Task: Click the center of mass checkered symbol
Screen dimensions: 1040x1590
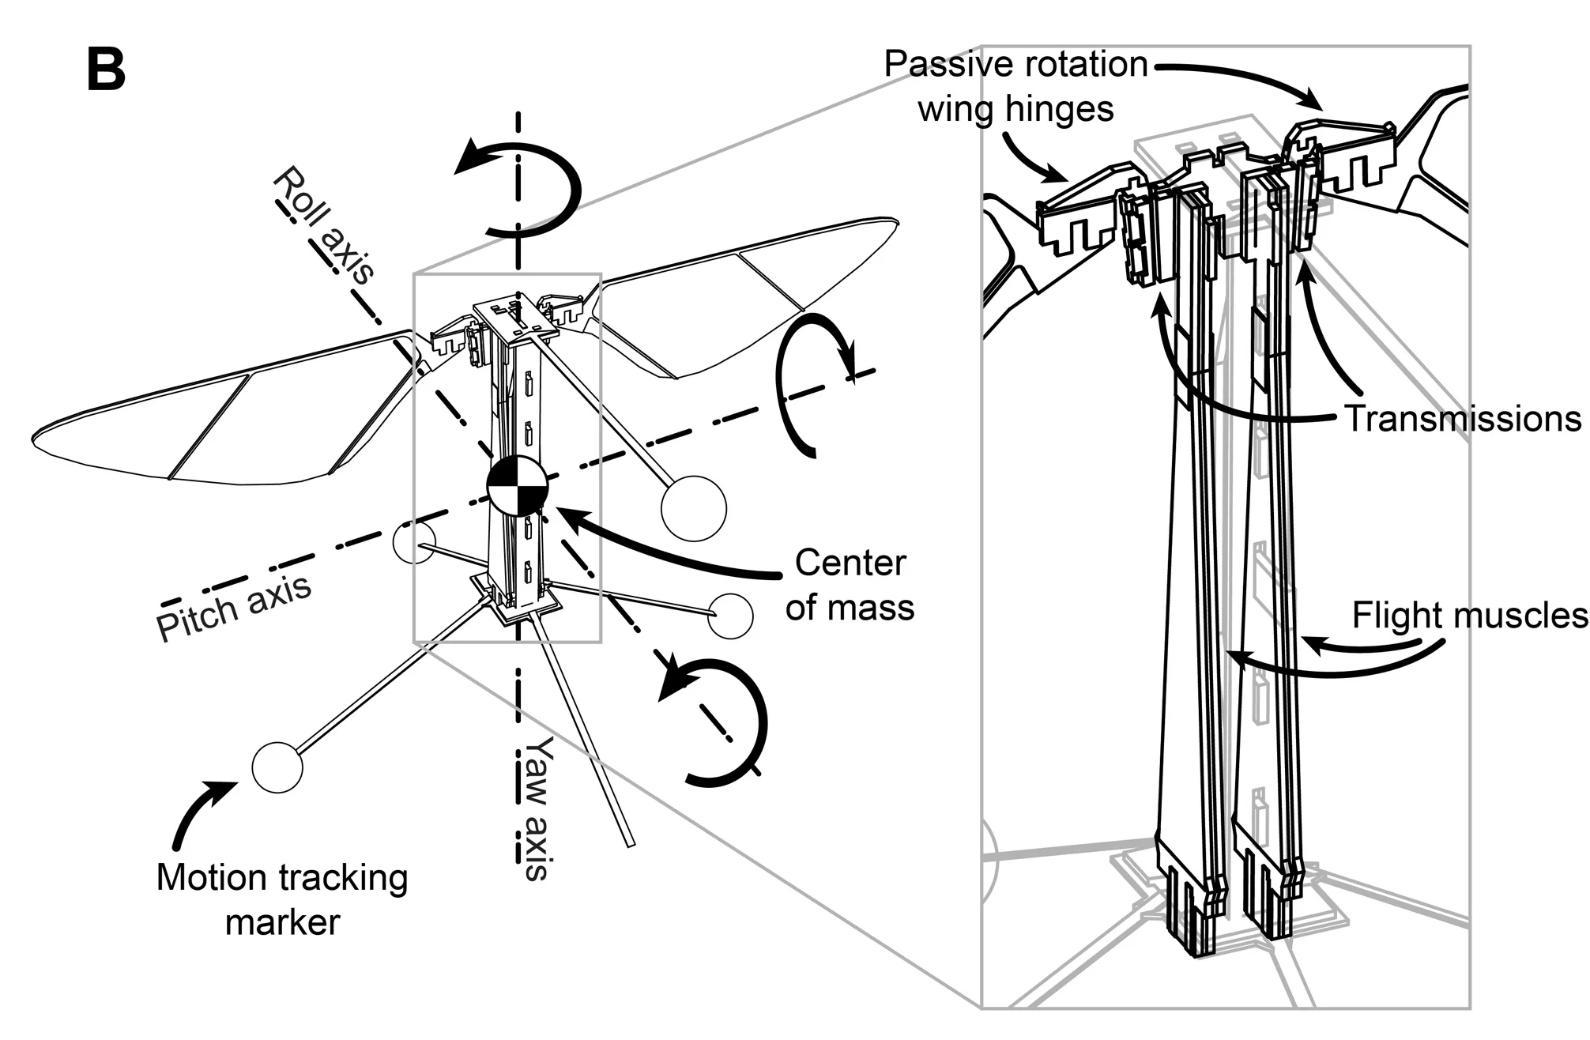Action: [x=517, y=485]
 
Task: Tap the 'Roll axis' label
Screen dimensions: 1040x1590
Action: [x=323, y=224]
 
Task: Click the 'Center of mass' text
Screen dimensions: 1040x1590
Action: [x=850, y=585]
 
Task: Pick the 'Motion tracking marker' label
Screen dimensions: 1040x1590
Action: [x=282, y=900]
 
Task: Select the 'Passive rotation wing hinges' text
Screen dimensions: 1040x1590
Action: [x=1016, y=86]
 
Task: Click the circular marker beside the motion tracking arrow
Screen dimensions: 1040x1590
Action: [x=277, y=767]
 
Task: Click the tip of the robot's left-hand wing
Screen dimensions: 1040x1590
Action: [x=36, y=436]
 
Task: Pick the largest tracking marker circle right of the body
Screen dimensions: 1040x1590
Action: [x=693, y=508]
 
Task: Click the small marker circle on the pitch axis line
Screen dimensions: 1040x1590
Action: [x=414, y=542]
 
